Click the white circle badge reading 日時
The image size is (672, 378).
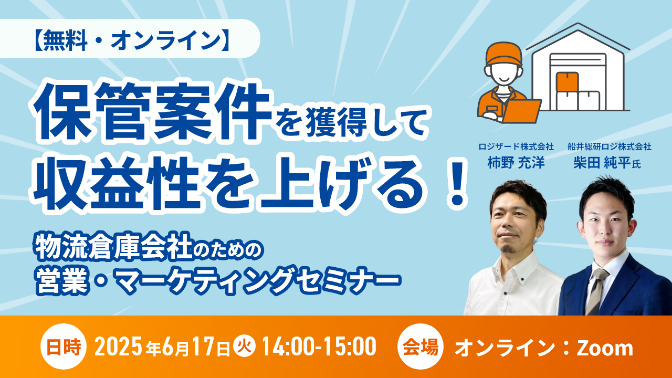pos(64,346)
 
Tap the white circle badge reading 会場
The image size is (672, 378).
pos(421,346)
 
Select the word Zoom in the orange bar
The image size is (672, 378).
pos(605,348)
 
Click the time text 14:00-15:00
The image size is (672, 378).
pos(319,347)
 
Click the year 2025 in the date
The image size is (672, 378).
pos(119,347)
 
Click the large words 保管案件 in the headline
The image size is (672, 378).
pos(151,113)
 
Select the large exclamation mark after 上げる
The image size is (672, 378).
pos(457,184)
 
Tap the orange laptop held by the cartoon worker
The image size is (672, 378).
pos(521,110)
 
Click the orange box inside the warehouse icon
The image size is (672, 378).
pos(567,81)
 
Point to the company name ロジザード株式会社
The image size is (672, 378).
pos(516,146)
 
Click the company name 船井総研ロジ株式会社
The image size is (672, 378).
pos(610,146)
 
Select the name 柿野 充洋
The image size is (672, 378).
pos(516,163)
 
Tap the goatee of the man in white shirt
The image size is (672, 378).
pos(509,248)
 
